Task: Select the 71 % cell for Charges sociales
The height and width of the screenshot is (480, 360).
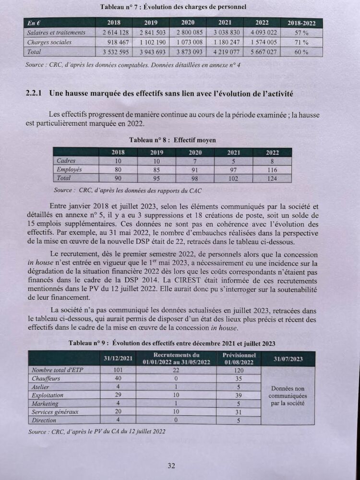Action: [x=301, y=42]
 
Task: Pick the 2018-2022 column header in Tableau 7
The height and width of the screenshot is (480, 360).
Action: [x=301, y=23]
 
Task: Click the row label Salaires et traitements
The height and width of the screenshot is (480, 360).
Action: [x=57, y=33]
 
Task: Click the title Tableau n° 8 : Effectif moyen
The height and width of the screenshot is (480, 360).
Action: [x=173, y=140]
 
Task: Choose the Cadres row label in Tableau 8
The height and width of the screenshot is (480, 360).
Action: [x=66, y=161]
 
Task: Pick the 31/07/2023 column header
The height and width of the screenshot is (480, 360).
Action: [x=288, y=359]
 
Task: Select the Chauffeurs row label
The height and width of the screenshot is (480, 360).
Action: [x=46, y=379]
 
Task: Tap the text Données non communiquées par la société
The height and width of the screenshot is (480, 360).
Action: [x=287, y=396]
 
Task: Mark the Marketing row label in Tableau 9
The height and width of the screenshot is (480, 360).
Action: [x=45, y=404]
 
